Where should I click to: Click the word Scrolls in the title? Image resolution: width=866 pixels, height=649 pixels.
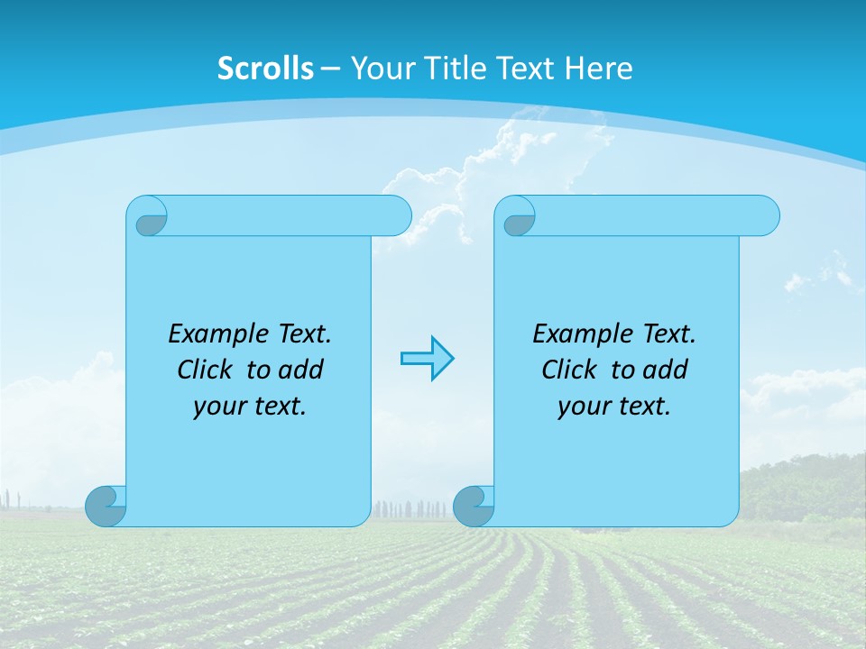point(265,68)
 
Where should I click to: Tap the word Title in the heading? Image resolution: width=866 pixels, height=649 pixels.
point(456,68)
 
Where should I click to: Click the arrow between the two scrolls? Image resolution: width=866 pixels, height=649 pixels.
point(427,359)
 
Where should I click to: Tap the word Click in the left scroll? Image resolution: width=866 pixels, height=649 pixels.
point(205,370)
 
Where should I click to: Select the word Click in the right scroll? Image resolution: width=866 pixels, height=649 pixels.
point(569,370)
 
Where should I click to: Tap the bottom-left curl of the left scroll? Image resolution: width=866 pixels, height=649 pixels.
point(106,506)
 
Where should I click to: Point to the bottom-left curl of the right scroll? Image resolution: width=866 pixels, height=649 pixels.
point(474,506)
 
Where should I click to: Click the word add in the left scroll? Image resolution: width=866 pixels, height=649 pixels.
point(300,370)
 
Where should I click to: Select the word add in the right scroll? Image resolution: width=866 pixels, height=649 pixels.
point(665,370)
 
